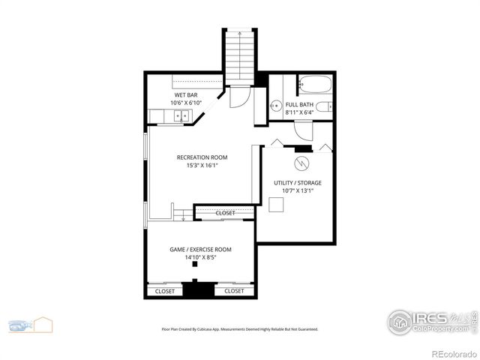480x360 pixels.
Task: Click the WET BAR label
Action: pyautogui.click(x=187, y=96)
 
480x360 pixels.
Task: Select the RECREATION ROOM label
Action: pyautogui.click(x=202, y=157)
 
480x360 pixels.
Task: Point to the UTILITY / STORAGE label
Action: pyautogui.click(x=298, y=182)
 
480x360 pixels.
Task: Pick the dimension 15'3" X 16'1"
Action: pyautogui.click(x=202, y=166)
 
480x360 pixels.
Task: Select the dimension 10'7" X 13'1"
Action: pyautogui.click(x=298, y=190)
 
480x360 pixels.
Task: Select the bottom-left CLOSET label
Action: pyautogui.click(x=164, y=291)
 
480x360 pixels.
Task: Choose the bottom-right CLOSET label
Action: pyautogui.click(x=234, y=291)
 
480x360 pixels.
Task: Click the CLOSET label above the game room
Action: pyautogui.click(x=225, y=213)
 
